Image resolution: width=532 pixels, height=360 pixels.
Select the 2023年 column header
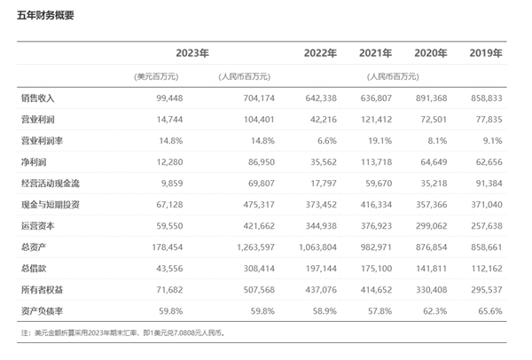(x=192, y=54)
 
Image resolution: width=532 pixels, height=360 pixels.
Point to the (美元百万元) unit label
(x=156, y=76)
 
